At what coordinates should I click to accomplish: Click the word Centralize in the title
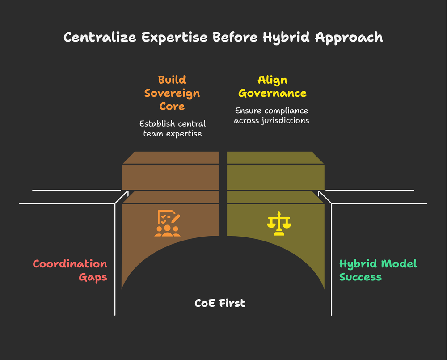100,37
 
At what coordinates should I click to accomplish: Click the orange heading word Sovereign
172,93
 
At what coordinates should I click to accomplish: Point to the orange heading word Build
172,80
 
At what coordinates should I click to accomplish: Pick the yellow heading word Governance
272,93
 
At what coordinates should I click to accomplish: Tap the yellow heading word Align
272,80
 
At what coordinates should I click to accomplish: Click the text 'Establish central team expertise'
172,128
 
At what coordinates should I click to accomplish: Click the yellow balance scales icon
278,223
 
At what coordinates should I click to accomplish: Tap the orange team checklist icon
168,223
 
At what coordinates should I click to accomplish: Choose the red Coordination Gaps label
70,270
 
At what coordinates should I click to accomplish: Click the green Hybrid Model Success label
378,270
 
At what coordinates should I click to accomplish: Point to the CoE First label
220,303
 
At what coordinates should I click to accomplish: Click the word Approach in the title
349,37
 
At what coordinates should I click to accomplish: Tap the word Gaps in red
93,277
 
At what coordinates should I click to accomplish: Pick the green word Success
360,277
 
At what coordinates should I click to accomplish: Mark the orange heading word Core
172,107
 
